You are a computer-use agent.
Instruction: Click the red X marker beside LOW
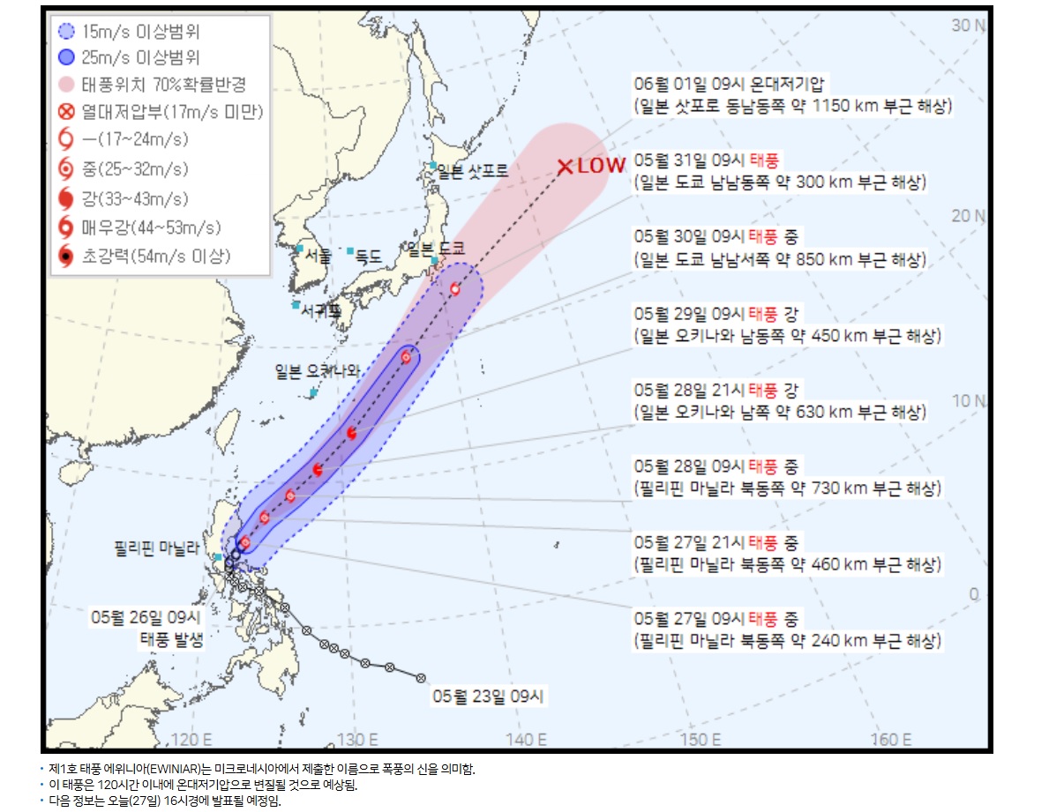click(566, 166)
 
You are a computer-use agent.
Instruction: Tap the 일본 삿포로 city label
click(472, 172)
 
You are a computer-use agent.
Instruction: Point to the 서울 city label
click(318, 257)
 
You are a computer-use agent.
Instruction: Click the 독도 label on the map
click(368, 257)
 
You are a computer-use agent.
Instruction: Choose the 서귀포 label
click(320, 310)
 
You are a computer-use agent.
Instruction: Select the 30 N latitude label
click(969, 26)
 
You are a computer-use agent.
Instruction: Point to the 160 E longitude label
click(891, 739)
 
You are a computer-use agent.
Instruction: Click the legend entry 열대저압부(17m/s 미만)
click(172, 112)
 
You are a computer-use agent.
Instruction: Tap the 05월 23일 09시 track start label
click(489, 697)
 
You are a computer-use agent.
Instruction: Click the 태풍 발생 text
click(172, 639)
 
